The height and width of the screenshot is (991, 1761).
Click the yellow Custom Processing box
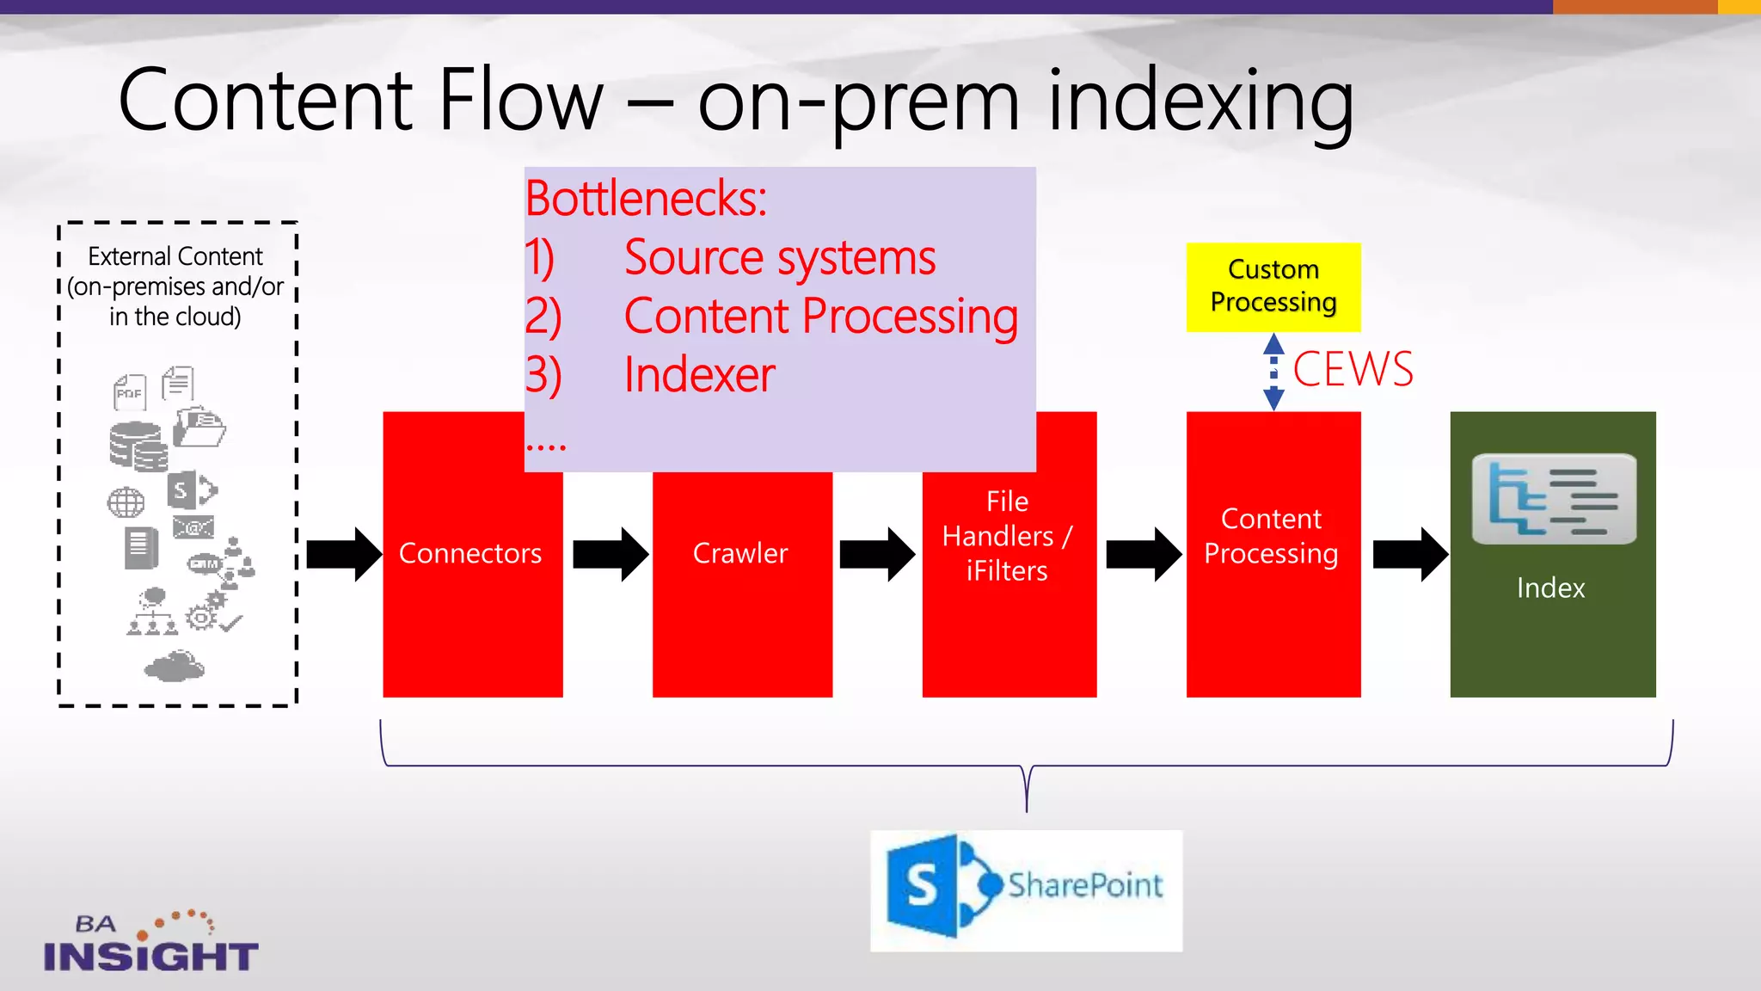click(1273, 286)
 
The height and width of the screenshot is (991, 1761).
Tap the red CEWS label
click(1353, 369)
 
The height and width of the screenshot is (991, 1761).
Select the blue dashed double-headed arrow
click(1273, 372)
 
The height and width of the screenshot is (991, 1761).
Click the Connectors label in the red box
click(470, 553)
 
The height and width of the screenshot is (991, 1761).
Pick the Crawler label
click(740, 553)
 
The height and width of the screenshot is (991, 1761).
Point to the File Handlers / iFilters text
click(1007, 536)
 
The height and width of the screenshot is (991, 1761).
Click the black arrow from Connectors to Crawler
click(610, 554)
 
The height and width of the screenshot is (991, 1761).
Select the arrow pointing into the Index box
click(1409, 554)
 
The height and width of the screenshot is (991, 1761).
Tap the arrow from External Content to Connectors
click(343, 554)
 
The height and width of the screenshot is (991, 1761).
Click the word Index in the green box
click(1550, 588)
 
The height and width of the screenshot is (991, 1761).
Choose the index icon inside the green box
click(1553, 499)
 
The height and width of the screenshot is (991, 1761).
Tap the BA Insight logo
click(150, 943)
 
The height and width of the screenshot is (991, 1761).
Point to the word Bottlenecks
click(646, 199)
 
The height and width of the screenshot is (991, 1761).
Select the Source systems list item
click(779, 257)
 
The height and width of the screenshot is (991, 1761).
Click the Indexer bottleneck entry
click(699, 375)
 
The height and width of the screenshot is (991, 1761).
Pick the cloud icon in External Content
click(175, 667)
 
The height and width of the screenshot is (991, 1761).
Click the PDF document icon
click(130, 392)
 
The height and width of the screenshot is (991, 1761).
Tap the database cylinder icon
click(138, 446)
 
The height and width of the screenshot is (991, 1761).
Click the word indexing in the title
click(1200, 102)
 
